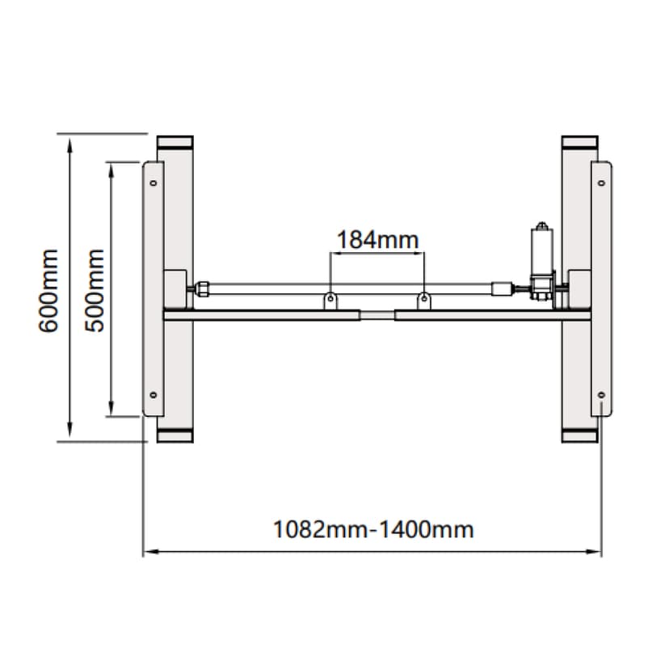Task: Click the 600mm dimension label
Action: (x=48, y=291)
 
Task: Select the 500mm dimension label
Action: (x=95, y=291)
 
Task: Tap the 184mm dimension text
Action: (x=377, y=240)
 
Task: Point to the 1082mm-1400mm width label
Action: (x=373, y=529)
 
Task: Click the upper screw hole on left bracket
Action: (x=154, y=183)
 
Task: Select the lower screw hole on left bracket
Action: (x=154, y=394)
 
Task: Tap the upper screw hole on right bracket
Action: (x=601, y=183)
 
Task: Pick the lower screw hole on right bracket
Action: (x=601, y=394)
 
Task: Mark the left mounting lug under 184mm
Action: (x=330, y=301)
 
